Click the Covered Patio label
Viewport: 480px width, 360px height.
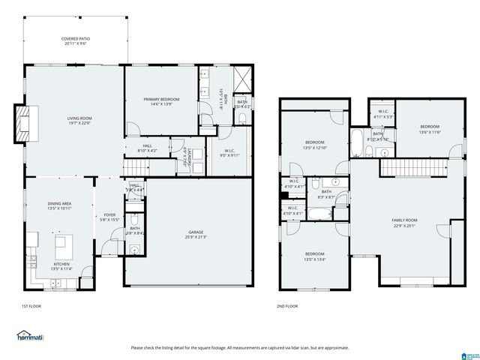coord(74,40)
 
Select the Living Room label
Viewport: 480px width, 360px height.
coord(79,121)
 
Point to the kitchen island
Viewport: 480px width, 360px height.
coord(62,244)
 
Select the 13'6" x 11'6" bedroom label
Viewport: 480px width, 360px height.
coord(430,129)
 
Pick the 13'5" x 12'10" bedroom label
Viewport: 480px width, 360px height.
coord(314,145)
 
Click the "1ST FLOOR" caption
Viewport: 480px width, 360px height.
coord(31,306)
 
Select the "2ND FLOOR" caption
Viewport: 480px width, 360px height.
coord(287,306)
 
